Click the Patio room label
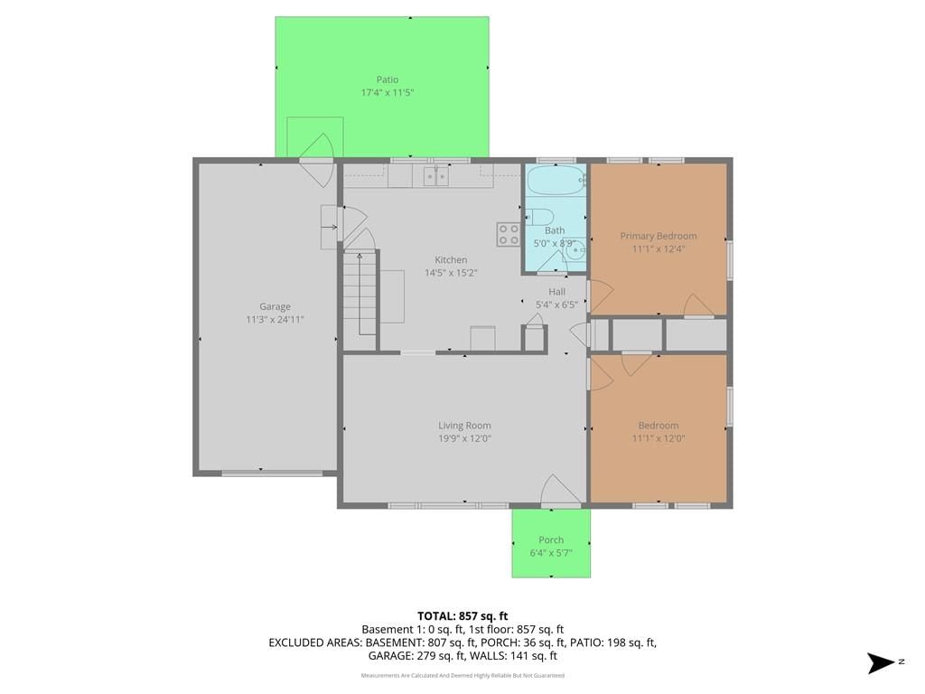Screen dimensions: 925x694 coord(388,80)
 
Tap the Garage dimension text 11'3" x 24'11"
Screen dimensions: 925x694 coord(275,320)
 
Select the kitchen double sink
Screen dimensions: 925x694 coord(436,176)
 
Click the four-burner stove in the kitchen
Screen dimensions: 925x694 coord(508,234)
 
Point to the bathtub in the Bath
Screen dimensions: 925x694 coord(556,180)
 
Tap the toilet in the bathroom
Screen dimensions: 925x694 coord(540,217)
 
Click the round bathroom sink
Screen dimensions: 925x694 coord(574,250)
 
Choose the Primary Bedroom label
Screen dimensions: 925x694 coord(659,236)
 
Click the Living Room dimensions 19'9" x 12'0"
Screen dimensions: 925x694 coord(465,438)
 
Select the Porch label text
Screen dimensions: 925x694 coord(551,540)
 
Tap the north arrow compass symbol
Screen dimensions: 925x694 coord(881,662)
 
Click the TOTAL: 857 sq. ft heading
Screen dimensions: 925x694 coord(462,616)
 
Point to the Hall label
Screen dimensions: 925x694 coord(556,292)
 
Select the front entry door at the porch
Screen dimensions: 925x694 coord(561,491)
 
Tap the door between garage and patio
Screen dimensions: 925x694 coord(317,160)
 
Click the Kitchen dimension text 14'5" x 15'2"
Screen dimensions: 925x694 coord(452,273)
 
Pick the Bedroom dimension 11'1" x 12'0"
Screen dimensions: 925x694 coord(659,438)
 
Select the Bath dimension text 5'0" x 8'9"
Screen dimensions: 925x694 coord(556,244)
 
